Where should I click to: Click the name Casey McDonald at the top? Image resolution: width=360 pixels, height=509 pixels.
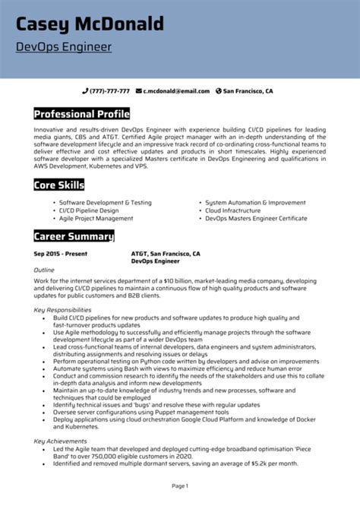90,24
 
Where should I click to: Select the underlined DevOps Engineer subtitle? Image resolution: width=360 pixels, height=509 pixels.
64,47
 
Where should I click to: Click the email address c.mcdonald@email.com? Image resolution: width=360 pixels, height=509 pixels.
177,91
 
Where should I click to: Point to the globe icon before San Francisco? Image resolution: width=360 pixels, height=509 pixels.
219,91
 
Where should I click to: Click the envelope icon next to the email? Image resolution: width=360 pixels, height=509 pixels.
139,91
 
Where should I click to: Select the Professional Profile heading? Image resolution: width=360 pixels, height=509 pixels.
81,114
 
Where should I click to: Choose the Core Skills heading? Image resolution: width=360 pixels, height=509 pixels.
58,185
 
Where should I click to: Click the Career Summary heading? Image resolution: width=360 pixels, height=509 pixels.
73,236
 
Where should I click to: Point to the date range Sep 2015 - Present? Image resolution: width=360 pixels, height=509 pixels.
59,253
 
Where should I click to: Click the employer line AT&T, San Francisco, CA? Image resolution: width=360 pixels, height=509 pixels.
166,253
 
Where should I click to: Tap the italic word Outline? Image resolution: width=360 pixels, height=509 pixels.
44,270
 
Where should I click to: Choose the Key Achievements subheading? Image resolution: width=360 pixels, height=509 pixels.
60,441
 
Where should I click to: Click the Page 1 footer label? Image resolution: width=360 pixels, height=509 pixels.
179,485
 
